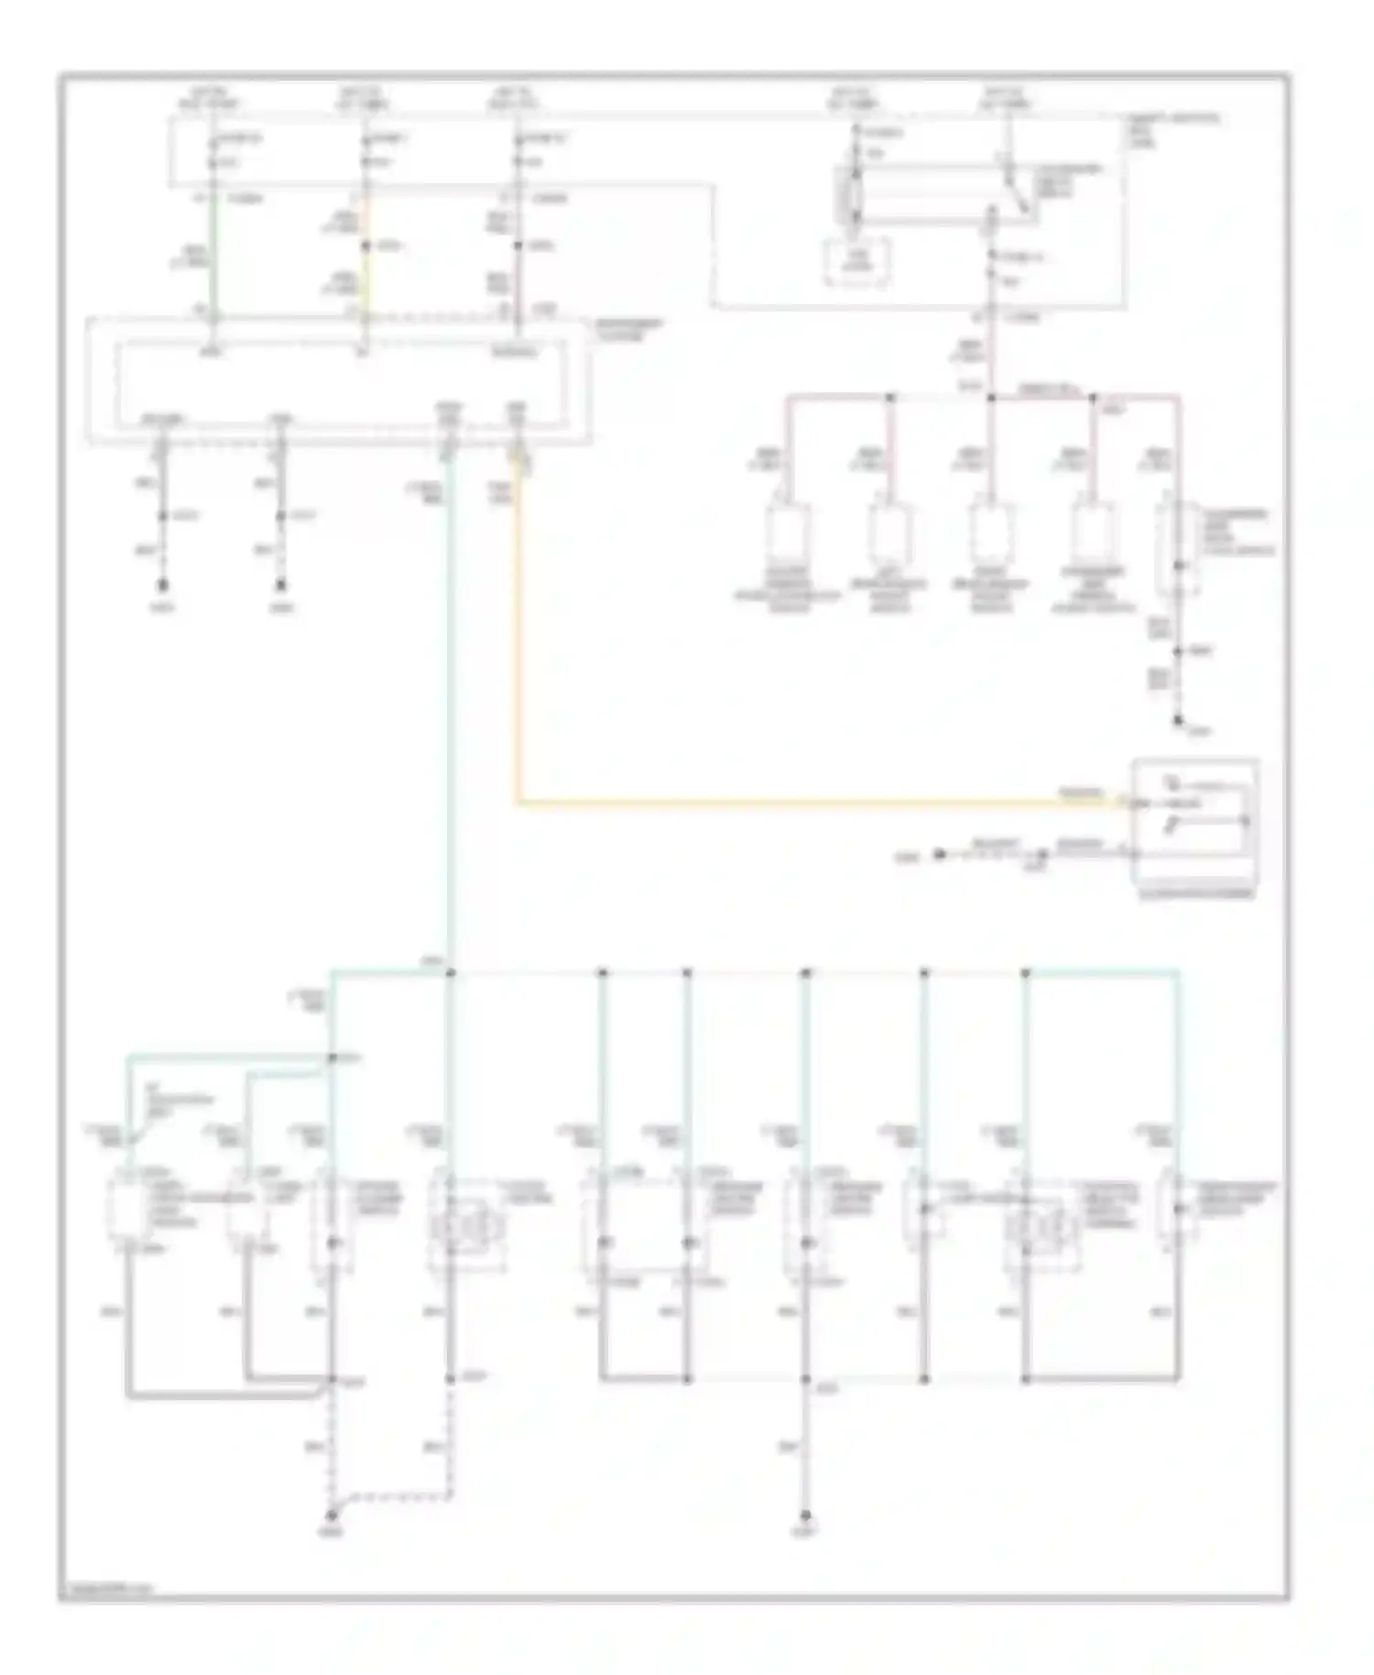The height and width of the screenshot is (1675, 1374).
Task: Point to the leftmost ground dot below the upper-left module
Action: pos(163,585)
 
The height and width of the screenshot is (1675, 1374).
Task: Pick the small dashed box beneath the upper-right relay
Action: pos(857,262)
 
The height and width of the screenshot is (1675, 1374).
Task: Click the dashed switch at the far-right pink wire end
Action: pos(1178,548)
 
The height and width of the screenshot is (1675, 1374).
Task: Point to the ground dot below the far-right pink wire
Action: pos(1179,721)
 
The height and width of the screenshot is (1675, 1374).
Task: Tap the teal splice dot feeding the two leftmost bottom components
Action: pos(333,1058)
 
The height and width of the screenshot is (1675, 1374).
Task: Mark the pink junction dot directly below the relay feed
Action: pos(991,398)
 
